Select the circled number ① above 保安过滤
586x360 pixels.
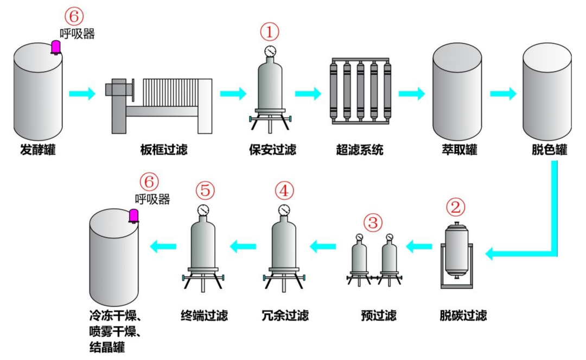pos(270,32)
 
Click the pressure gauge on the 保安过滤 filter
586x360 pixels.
pos(270,51)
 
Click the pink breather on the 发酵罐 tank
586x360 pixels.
pos(55,47)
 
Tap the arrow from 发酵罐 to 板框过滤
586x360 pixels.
pos(82,93)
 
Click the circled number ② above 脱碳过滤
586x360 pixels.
pos(456,207)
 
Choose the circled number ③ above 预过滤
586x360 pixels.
pos(373,222)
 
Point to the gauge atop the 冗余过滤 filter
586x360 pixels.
pos(284,210)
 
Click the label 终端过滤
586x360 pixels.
pos(204,315)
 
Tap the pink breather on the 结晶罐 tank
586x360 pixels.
pos(132,216)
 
